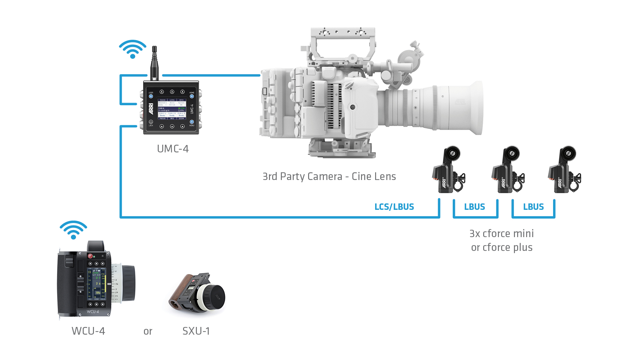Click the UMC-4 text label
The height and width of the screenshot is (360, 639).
point(173,149)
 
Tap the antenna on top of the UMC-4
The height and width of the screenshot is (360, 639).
point(155,63)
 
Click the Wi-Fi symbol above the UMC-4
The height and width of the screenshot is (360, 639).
point(132,49)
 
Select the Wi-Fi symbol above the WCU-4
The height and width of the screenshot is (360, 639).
point(73,230)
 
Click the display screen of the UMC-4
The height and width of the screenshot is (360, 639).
point(172,109)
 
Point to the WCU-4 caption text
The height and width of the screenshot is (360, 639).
point(88,331)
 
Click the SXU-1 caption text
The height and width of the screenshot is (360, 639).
point(196,331)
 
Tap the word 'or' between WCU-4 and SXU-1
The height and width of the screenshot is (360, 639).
point(148,331)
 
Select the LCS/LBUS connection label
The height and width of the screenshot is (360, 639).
point(394,207)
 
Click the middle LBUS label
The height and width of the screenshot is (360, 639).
point(475,207)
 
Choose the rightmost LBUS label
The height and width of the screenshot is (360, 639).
point(534,207)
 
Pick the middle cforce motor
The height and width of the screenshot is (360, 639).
point(508,170)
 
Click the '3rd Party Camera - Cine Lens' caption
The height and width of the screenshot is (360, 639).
point(329,176)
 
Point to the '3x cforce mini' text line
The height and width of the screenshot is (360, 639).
point(501,233)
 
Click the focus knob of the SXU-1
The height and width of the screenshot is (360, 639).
point(213,297)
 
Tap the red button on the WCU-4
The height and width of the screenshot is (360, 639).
point(90,256)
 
